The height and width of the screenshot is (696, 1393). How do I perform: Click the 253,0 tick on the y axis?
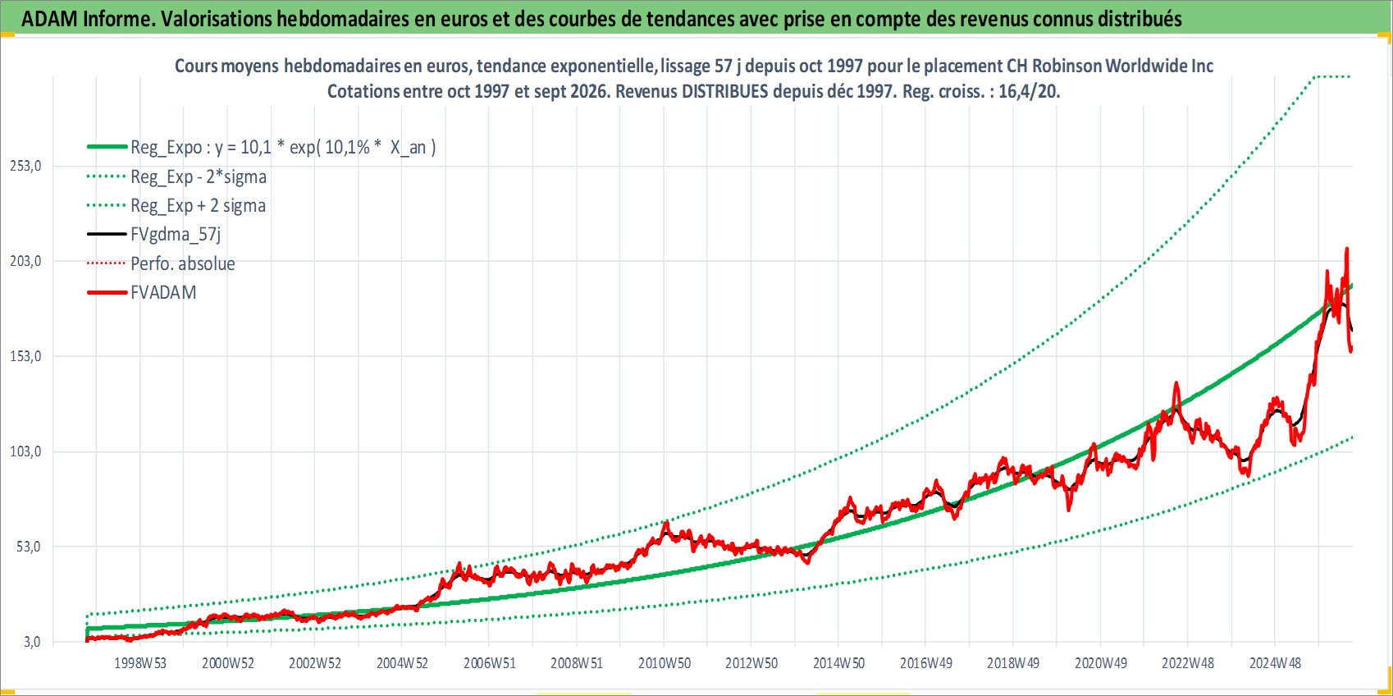pyautogui.click(x=25, y=166)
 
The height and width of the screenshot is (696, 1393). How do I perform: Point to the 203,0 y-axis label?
pyautogui.click(x=25, y=261)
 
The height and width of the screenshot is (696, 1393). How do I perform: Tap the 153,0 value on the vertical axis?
pyautogui.click(x=25, y=356)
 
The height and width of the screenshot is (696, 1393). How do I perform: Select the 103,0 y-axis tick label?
pyautogui.click(x=25, y=451)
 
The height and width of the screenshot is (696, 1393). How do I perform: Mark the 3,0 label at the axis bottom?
pyautogui.click(x=32, y=642)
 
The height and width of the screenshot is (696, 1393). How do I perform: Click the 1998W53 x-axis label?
pyautogui.click(x=140, y=663)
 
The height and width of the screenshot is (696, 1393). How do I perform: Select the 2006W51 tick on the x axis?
pyautogui.click(x=490, y=663)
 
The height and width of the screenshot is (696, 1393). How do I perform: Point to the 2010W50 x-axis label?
pyautogui.click(x=665, y=663)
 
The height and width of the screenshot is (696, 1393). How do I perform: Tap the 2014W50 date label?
pyautogui.click(x=839, y=663)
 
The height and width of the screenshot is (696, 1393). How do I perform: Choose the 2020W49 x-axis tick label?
pyautogui.click(x=1101, y=663)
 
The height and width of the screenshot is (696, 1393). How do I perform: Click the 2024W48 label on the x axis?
pyautogui.click(x=1276, y=663)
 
